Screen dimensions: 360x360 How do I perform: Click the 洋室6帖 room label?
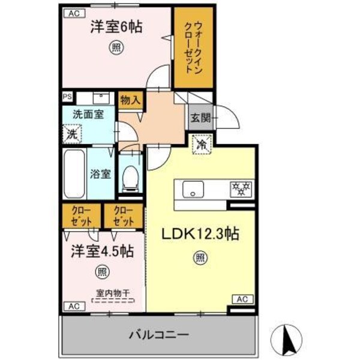pos(116,26)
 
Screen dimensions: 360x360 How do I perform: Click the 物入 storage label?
pos(130,100)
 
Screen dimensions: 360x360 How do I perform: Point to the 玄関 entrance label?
pos(200,118)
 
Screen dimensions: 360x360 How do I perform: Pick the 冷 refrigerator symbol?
pos(202,144)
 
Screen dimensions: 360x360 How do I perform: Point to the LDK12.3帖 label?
pos(201,233)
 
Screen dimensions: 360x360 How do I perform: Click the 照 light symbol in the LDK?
pos(199,259)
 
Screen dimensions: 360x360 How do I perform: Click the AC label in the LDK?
pos(244,299)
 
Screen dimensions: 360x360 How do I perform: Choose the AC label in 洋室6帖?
pos(73,13)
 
